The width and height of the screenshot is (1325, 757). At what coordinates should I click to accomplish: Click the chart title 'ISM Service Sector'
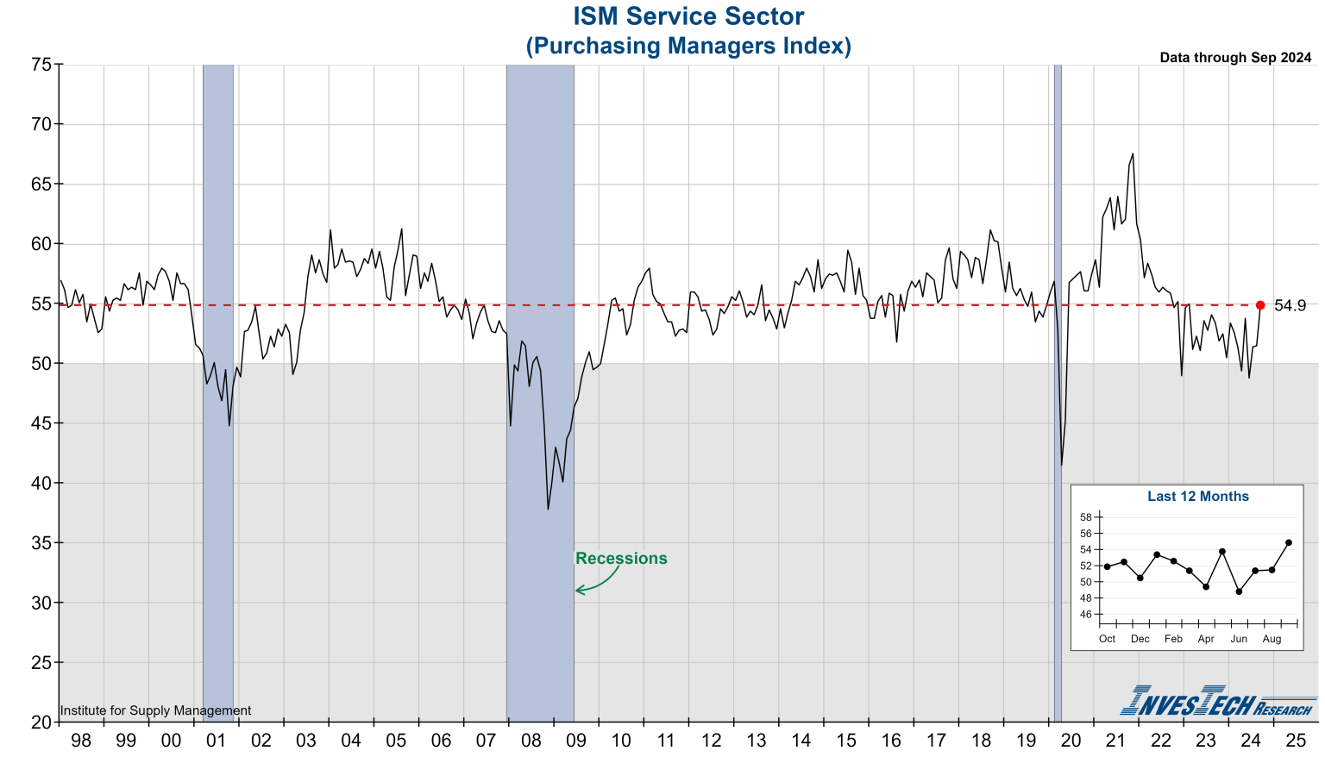click(x=688, y=16)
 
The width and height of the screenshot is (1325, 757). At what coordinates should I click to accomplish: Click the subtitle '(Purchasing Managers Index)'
click(x=688, y=46)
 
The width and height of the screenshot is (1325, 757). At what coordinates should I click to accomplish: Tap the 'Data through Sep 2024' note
click(x=1235, y=58)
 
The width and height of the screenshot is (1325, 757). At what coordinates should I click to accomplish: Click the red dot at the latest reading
click(x=1260, y=305)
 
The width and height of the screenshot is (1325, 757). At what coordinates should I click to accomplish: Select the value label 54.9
click(x=1290, y=306)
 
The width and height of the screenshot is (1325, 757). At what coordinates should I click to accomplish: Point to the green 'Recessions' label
click(x=621, y=559)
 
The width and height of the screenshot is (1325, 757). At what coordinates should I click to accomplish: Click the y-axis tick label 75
click(x=41, y=65)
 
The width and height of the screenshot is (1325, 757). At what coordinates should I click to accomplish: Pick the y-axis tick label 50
click(x=41, y=364)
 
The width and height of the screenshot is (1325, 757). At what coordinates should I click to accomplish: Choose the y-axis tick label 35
click(x=41, y=543)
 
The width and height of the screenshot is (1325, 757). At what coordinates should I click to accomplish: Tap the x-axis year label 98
click(x=81, y=741)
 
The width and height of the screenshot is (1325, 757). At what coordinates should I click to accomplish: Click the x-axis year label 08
click(x=531, y=741)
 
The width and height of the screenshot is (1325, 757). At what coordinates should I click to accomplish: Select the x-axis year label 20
click(x=1071, y=741)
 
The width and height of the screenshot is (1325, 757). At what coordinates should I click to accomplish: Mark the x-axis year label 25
click(x=1296, y=741)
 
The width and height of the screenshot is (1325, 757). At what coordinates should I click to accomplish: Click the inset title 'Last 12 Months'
click(x=1197, y=497)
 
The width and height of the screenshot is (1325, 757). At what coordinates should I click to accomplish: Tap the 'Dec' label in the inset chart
click(x=1140, y=639)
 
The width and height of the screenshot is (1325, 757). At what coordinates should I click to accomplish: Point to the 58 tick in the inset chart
click(x=1085, y=517)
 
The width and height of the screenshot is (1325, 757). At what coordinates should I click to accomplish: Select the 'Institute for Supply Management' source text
click(x=155, y=711)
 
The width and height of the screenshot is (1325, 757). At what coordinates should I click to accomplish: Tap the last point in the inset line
click(x=1289, y=542)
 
